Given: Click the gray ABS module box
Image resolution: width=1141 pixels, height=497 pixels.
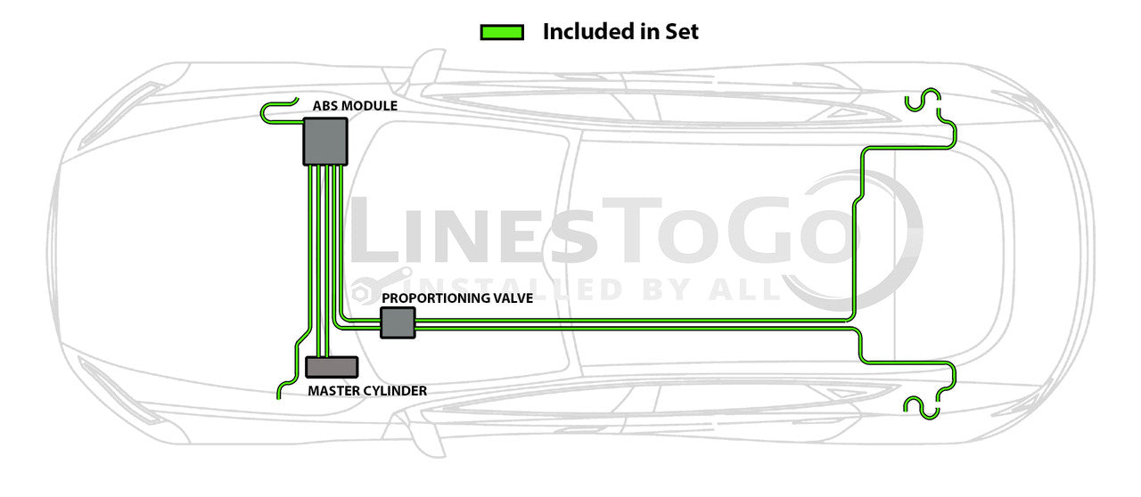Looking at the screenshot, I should tap(324, 142).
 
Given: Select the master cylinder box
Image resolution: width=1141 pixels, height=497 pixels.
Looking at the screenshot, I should tap(332, 366).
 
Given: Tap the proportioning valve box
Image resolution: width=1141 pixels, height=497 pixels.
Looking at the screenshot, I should tap(398, 322).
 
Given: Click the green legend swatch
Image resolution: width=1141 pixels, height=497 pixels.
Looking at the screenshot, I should tap(502, 33).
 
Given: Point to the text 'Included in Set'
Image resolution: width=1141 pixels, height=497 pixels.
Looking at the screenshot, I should tap(620, 32).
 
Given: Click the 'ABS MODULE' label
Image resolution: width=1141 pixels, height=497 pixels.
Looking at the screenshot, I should tap(355, 106).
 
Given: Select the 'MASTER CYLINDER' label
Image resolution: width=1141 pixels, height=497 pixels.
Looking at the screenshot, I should tap(367, 391).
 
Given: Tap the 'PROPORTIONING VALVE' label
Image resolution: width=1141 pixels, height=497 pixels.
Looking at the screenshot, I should tap(457, 298).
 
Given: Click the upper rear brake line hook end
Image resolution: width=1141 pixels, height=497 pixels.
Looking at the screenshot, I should tap(923, 101).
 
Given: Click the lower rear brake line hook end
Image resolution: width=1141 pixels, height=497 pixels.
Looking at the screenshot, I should tap(923, 407).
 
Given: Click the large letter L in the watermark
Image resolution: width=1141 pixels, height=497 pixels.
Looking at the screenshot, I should tap(378, 232).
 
